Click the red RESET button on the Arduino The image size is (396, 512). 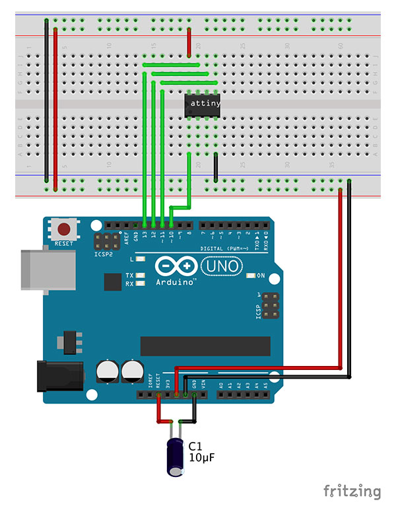(x=64, y=230)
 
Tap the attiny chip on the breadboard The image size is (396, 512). (x=201, y=104)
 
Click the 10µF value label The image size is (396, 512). (x=203, y=457)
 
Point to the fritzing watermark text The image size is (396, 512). (x=352, y=491)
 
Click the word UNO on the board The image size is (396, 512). (x=222, y=266)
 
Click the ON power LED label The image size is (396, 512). (x=260, y=275)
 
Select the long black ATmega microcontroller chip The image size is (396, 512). (x=205, y=346)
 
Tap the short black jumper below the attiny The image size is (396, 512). (x=215, y=166)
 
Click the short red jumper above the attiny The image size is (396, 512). (x=189, y=42)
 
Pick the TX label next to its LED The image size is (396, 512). (x=129, y=275)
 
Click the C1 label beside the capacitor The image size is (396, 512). (x=196, y=446)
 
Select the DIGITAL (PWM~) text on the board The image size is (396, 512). (x=222, y=248)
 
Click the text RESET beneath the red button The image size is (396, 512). (x=64, y=243)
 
